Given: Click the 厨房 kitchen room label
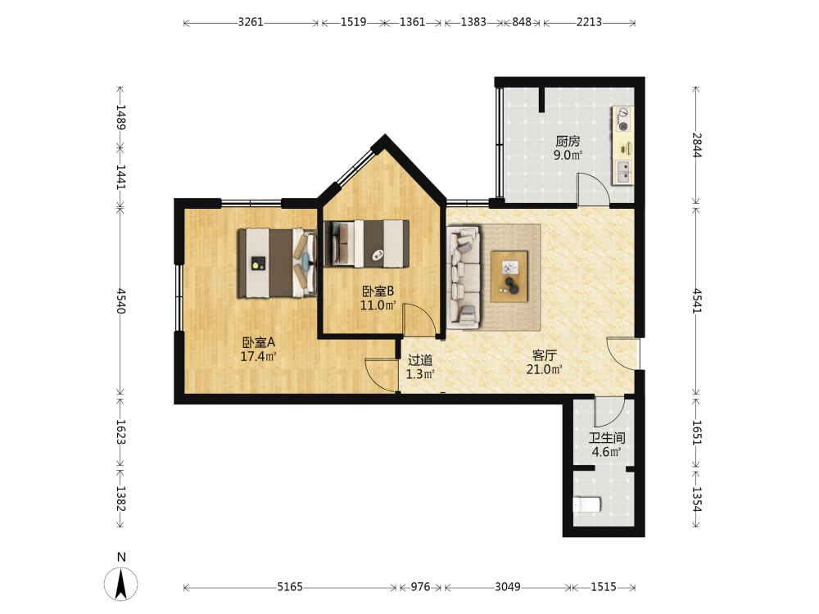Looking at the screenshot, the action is (x=568, y=141).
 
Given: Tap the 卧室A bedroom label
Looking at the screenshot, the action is (x=258, y=342).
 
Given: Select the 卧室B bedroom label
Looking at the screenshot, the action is (x=378, y=291).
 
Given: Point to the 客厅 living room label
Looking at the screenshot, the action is (x=544, y=355).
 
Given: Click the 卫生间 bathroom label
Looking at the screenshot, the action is (x=606, y=438).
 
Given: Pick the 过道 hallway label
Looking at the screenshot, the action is (x=420, y=360).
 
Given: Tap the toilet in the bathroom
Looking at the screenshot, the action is (x=586, y=505).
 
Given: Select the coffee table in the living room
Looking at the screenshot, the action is (x=509, y=276).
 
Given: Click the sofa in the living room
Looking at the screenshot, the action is (x=464, y=278).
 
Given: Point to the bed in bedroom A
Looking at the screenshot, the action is (x=278, y=263).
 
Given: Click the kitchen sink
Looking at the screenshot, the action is (x=622, y=172).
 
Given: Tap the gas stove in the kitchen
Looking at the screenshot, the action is (x=622, y=120).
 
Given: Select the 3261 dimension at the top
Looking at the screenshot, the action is (x=251, y=22).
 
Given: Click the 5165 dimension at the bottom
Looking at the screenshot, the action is (x=290, y=587).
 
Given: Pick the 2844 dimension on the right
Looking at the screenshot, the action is (x=697, y=145).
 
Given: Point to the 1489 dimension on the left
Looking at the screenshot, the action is (x=120, y=117).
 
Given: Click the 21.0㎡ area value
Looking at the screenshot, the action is (x=545, y=370).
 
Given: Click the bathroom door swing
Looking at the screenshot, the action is (x=609, y=412).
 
